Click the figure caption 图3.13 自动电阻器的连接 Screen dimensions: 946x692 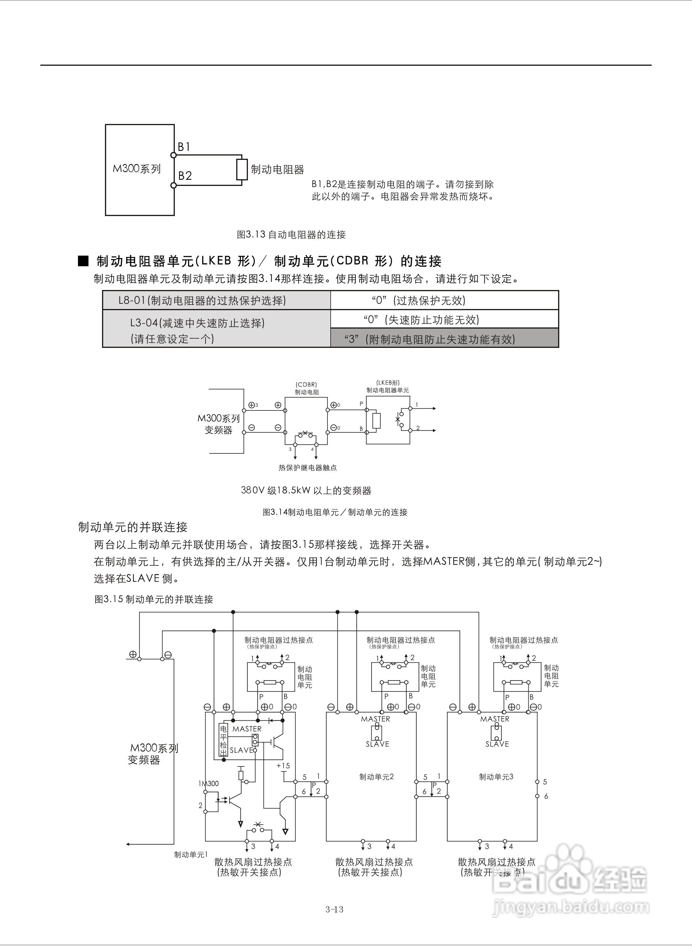[291, 234]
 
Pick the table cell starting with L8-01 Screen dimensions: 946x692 [202, 300]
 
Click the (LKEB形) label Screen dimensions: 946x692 [387, 382]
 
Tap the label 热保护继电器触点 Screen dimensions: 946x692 [308, 467]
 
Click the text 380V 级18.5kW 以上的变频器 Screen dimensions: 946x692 [306, 490]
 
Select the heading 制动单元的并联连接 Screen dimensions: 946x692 [133, 527]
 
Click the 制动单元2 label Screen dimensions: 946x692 [376, 777]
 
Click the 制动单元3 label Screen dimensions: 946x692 [496, 777]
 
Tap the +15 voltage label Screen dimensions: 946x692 [283, 766]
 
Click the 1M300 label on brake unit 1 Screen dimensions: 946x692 [208, 783]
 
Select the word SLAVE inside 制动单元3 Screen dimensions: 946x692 [497, 744]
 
